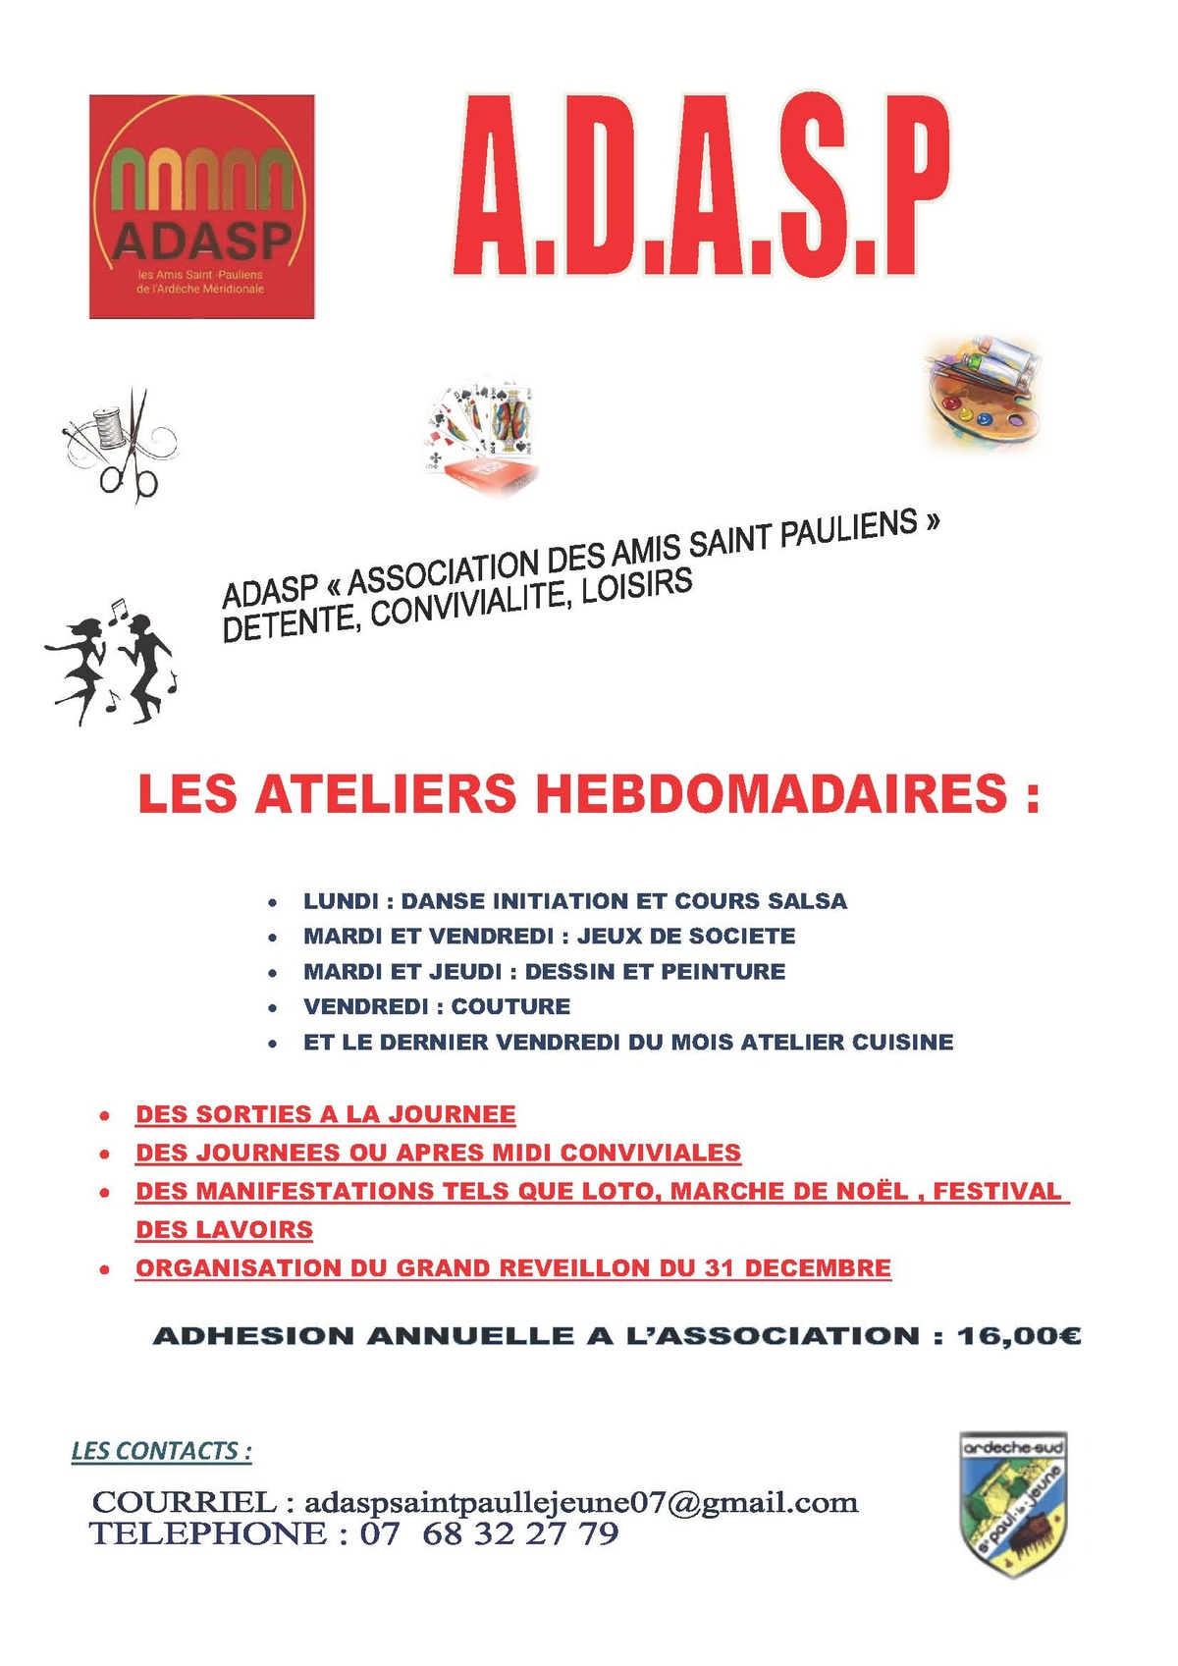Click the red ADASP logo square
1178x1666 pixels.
(201, 206)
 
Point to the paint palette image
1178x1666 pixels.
(982, 391)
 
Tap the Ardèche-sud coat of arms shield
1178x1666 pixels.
(1012, 1503)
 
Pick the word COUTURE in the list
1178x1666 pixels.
(510, 1006)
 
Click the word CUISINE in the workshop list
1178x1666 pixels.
(902, 1042)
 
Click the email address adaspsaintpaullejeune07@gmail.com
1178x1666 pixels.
(581, 1502)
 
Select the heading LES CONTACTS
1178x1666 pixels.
(161, 1451)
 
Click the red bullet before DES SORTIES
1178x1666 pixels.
(104, 1116)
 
